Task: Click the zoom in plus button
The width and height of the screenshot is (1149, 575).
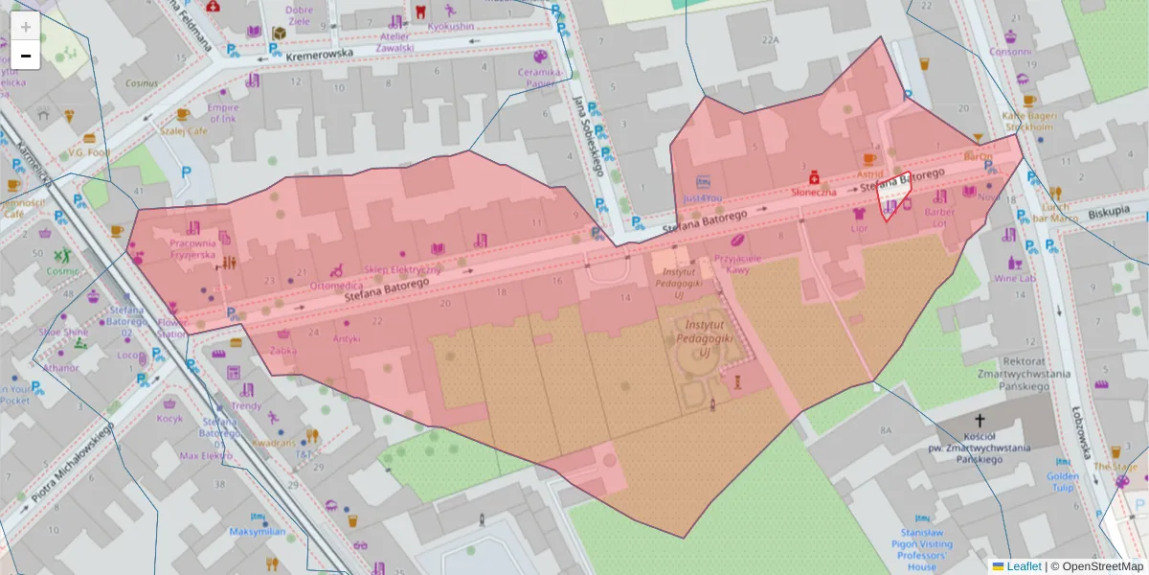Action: point(26,27)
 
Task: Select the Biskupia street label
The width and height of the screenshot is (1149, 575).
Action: point(1109,209)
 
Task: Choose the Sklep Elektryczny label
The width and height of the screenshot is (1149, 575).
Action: point(402,269)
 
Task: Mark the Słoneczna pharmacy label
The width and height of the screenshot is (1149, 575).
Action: point(813,192)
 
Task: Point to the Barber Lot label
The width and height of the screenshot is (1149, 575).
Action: point(940,218)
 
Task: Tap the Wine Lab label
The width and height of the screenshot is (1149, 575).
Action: point(1014,278)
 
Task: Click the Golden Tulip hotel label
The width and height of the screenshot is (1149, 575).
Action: point(1063,482)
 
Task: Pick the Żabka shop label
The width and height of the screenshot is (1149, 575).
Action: point(282,350)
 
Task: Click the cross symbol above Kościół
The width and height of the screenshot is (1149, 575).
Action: point(980,421)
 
